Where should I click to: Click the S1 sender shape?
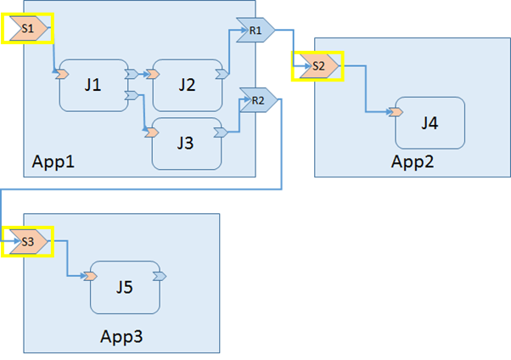(x=28, y=29)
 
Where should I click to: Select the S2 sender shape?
(x=317, y=65)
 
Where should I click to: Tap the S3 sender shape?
(x=28, y=241)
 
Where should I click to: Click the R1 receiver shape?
(x=255, y=31)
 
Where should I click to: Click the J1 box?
(x=93, y=85)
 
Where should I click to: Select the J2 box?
(x=187, y=85)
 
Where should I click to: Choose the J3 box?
(x=187, y=143)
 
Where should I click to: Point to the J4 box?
(x=430, y=123)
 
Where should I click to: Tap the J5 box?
(x=124, y=287)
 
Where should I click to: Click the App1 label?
(x=53, y=160)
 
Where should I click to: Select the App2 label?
(x=413, y=162)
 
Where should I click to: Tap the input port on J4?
(x=396, y=112)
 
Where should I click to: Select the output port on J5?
(x=160, y=276)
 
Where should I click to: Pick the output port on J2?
(x=222, y=75)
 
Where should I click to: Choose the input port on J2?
(x=154, y=75)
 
